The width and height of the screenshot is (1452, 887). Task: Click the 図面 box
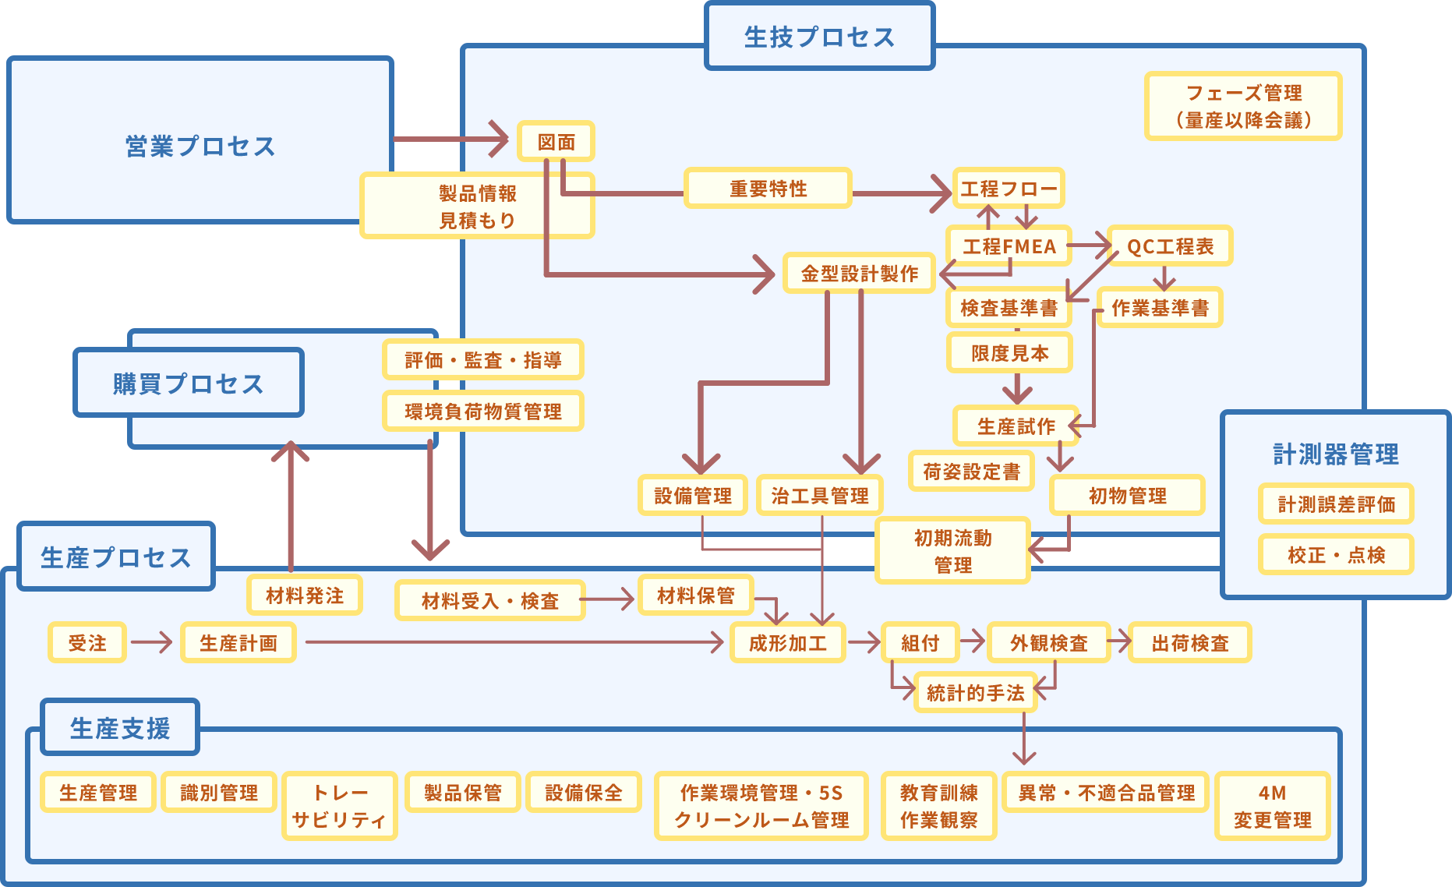(x=556, y=142)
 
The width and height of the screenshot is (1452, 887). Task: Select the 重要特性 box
(x=768, y=189)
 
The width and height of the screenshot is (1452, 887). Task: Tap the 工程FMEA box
(x=1009, y=246)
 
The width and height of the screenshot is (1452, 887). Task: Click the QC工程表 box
(x=1170, y=246)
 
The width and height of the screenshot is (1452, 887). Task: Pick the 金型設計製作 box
(x=859, y=274)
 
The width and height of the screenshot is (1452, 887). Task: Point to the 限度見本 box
(x=1009, y=353)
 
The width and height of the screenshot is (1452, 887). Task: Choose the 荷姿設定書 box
(x=971, y=472)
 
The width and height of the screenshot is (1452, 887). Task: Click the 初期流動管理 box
(x=952, y=551)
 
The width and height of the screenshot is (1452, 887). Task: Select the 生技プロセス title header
(x=819, y=37)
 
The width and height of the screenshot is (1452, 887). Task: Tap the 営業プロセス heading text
(x=200, y=146)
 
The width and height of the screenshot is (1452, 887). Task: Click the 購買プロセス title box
(x=189, y=383)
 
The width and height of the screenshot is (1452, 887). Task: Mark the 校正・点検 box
(x=1336, y=555)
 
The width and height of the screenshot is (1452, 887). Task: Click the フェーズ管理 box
(x=1243, y=106)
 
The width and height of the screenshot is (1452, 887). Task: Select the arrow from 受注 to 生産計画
(x=153, y=642)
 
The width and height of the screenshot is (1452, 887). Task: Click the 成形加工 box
(x=787, y=643)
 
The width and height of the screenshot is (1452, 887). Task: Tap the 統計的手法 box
(x=975, y=693)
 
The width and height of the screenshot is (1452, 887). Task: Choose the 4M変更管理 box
(x=1272, y=806)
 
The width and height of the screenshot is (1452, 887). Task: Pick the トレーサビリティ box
(x=340, y=806)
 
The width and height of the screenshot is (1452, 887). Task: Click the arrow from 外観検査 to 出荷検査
(x=1120, y=642)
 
